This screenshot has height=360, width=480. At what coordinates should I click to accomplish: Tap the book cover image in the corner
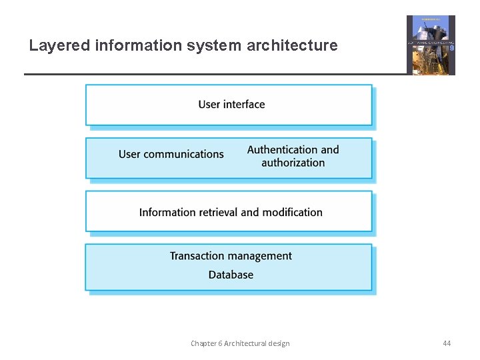431,45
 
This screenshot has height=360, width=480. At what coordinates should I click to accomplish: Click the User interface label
231,104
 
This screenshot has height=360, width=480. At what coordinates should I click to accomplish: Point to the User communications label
171,154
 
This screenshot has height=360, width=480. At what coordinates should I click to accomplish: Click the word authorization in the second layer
293,163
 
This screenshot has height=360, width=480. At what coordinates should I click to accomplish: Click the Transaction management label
231,256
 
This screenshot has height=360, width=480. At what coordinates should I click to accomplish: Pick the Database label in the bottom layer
231,275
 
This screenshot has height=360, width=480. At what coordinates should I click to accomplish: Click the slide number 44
447,343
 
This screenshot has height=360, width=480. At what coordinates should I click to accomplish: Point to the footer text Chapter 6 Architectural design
240,343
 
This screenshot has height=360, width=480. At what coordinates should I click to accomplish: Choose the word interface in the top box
244,104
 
